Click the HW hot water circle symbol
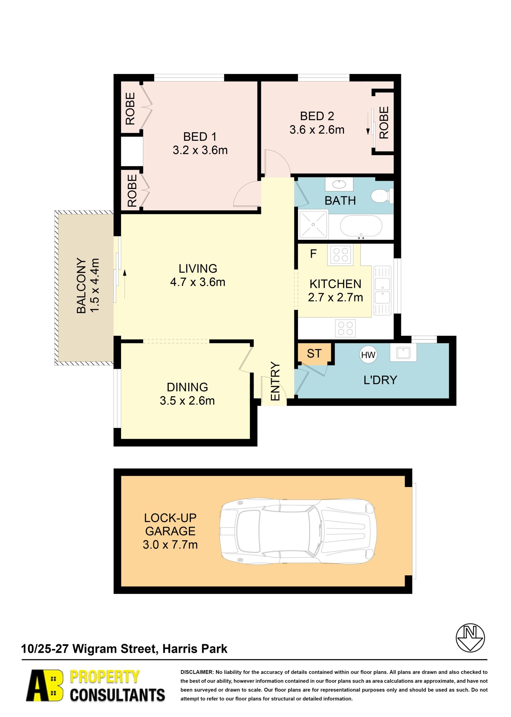click(368, 355)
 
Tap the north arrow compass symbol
click(470, 638)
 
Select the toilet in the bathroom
click(382, 195)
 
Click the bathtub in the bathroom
click(361, 226)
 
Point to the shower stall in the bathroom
click(313, 224)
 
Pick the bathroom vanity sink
click(339, 184)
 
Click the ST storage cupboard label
click(314, 354)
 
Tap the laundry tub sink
click(403, 352)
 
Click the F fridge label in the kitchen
click(313, 254)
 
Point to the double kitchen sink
click(382, 291)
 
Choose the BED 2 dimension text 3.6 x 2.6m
click(317, 130)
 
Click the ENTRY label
click(275, 381)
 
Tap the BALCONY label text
click(81, 286)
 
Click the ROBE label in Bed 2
click(384, 122)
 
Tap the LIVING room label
click(198, 268)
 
